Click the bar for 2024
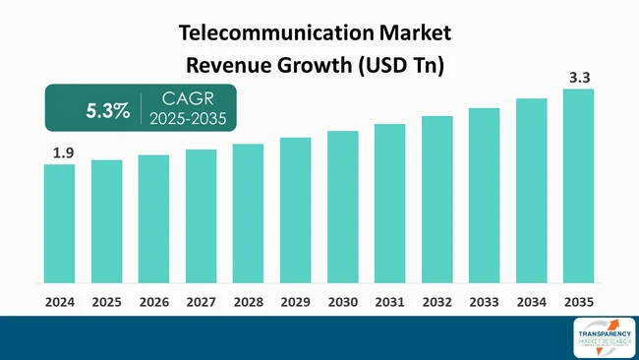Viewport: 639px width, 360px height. [59, 223]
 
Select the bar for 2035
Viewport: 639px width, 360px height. [578, 186]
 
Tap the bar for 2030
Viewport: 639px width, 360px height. [342, 207]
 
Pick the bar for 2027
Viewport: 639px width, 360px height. [201, 216]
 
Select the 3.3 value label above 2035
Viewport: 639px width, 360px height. [580, 75]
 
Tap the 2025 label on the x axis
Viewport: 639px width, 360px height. [106, 300]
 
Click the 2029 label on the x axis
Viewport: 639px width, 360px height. [295, 300]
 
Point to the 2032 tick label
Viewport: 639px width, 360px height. [436, 300]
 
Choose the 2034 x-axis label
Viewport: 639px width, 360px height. [531, 300]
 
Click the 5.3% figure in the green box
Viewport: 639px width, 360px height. [107, 110]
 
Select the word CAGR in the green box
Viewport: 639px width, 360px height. [188, 99]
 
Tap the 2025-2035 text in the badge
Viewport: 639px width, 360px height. [188, 119]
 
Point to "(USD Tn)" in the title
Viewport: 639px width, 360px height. [402, 66]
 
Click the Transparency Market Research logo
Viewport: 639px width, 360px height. [597, 336]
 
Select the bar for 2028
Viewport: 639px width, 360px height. [248, 213]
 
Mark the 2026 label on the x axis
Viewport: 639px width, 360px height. [153, 300]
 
